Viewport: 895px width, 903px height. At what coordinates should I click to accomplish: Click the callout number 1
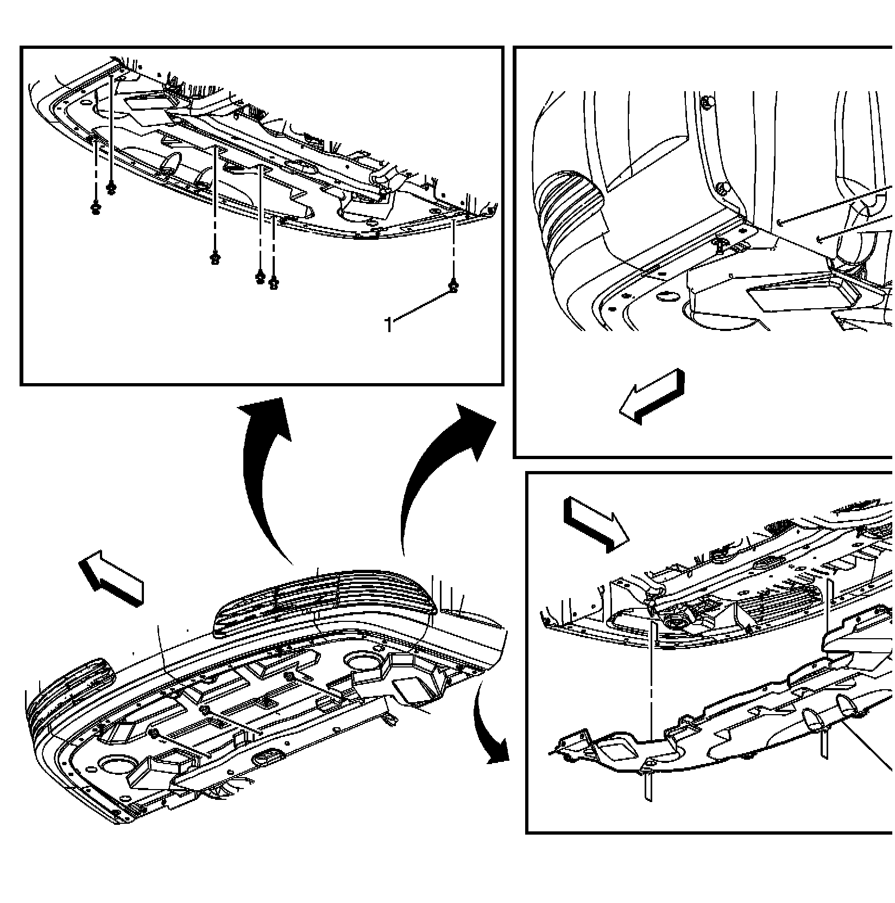388,325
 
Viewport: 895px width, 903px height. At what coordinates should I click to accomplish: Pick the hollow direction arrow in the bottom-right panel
596,524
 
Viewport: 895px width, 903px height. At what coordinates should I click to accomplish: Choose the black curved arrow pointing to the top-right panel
434,467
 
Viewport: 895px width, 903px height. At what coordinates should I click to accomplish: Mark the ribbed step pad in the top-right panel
568,217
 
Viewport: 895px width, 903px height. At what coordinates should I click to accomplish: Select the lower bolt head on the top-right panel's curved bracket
721,188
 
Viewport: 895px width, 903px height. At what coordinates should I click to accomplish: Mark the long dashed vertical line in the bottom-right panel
650,684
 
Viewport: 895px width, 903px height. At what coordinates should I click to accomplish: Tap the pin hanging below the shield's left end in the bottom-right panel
650,787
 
